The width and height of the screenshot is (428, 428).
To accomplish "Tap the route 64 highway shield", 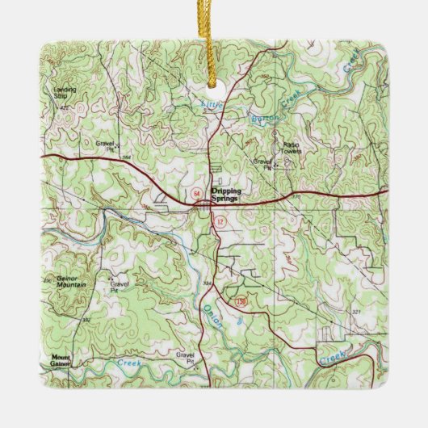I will click(x=195, y=195).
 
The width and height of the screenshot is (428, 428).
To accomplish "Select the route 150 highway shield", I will click(x=241, y=301).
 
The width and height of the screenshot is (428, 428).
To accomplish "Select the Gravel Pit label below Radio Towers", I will click(x=263, y=162).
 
